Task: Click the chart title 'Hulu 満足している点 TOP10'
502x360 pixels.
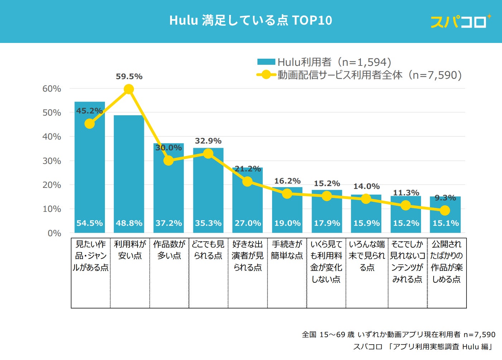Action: pyautogui.click(x=251, y=20)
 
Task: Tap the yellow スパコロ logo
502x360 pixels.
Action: pyautogui.click(x=460, y=21)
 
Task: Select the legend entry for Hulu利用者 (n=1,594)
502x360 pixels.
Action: pyautogui.click(x=324, y=62)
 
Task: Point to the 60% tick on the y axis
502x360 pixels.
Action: pyautogui.click(x=52, y=89)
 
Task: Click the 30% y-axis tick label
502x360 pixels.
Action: pyautogui.click(x=52, y=161)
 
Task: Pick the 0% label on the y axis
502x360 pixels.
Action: pyautogui.click(x=54, y=233)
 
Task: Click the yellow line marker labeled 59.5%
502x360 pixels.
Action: pyautogui.click(x=129, y=89)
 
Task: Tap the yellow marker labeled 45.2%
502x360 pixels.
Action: pyautogui.click(x=90, y=124)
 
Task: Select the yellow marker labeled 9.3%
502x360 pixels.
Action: pyautogui.click(x=445, y=210)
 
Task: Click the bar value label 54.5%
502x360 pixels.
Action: pyautogui.click(x=90, y=223)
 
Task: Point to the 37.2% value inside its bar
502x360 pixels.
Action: pyautogui.click(x=169, y=223)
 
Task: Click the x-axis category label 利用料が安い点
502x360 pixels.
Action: pyautogui.click(x=130, y=250)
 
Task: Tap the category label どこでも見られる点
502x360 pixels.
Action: pyautogui.click(x=208, y=250)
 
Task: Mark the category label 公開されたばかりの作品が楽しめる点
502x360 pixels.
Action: pyautogui.click(x=447, y=262)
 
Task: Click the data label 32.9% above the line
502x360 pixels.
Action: pyautogui.click(x=208, y=141)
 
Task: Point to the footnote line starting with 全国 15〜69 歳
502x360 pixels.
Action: pyautogui.click(x=398, y=335)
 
